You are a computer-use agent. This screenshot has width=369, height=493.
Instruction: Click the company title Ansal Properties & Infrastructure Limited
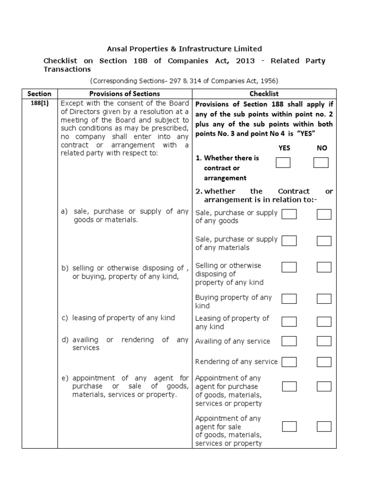(184, 49)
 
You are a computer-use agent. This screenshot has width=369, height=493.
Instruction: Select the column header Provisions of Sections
(124, 93)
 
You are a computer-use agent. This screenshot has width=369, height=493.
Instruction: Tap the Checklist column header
(264, 93)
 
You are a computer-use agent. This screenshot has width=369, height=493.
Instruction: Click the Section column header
(39, 93)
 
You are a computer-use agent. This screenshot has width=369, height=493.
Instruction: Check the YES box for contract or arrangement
(283, 163)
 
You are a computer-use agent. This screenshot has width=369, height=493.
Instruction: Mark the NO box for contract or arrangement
(320, 163)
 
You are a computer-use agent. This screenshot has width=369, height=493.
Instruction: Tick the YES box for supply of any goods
(289, 214)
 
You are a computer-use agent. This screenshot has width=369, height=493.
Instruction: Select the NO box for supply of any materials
(324, 241)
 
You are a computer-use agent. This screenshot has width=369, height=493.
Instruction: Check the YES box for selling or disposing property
(289, 267)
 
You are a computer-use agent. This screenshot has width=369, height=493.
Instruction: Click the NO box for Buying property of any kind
(324, 299)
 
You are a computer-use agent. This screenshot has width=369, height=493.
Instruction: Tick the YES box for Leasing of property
(289, 322)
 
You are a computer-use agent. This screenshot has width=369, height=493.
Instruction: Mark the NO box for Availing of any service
(324, 341)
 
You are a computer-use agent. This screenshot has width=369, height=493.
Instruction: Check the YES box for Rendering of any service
(289, 362)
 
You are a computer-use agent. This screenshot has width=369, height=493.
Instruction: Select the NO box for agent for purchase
(324, 386)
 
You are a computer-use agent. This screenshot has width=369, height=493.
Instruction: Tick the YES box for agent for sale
(289, 427)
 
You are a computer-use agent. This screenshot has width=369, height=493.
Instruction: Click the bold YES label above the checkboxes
(284, 148)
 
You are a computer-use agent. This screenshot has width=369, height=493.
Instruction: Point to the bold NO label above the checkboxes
(321, 148)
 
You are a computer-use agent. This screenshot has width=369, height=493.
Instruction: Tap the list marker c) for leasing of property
(65, 318)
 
